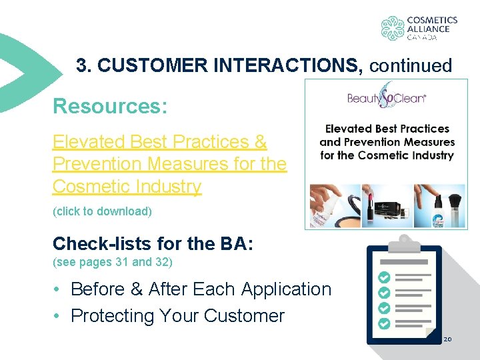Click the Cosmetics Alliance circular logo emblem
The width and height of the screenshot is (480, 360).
393,28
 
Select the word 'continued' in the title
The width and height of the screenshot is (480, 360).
410,65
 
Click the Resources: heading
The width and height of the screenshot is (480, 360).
110,106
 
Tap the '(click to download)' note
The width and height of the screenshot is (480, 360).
102,211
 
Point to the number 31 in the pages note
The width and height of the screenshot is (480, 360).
122,262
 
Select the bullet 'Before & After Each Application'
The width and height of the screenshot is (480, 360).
201,289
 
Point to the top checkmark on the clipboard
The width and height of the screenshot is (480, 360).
384,277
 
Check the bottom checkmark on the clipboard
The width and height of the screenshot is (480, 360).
384,323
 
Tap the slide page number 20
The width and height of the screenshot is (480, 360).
447,339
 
